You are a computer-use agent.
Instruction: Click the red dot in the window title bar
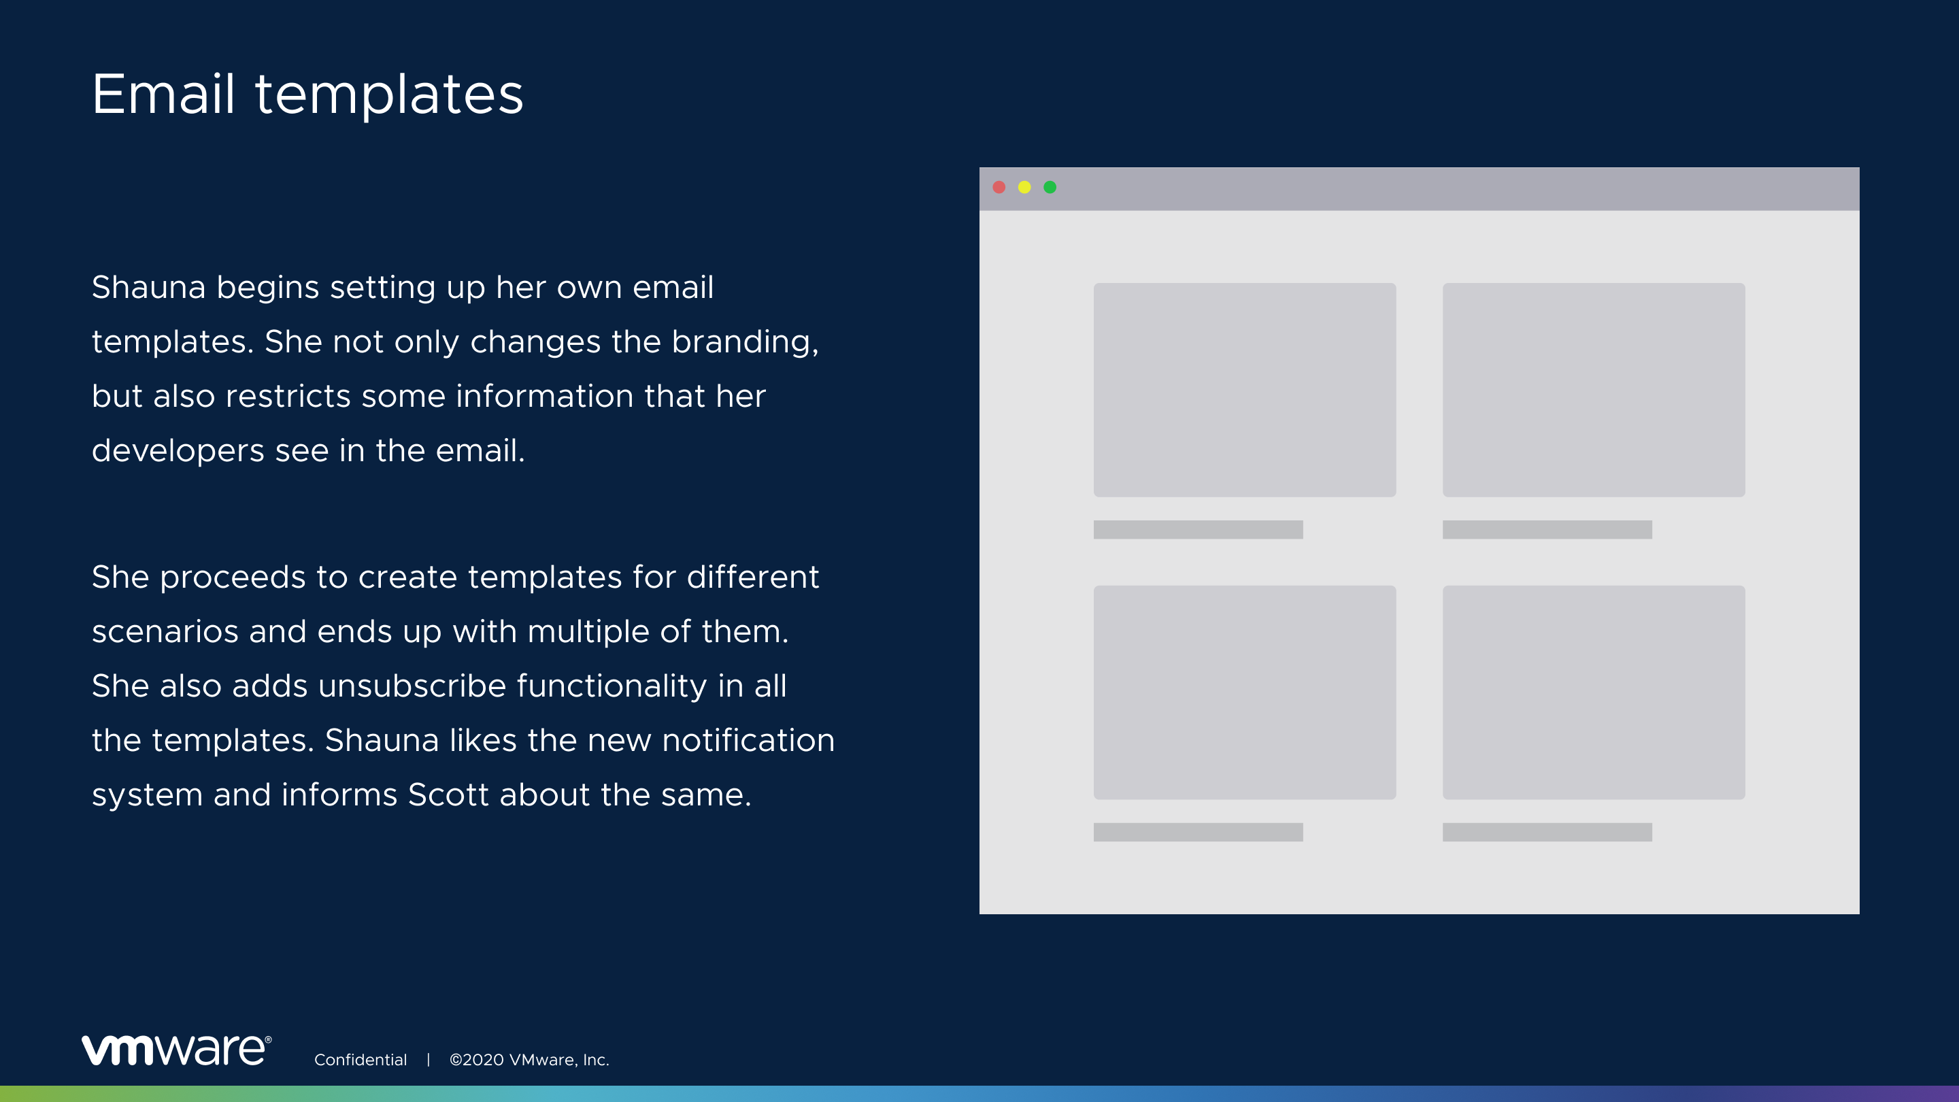(999, 187)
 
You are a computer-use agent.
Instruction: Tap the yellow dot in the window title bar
(1024, 187)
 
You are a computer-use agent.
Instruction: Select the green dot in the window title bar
(1050, 187)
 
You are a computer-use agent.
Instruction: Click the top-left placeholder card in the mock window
(1245, 390)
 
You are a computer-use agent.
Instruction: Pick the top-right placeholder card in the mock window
(1594, 390)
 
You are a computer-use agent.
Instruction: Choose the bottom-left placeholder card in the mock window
(1245, 692)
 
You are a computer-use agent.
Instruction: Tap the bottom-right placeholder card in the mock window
(1594, 692)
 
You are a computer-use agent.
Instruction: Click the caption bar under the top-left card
(1199, 529)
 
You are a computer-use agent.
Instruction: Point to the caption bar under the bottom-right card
(1547, 832)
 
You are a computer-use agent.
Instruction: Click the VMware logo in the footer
(176, 1050)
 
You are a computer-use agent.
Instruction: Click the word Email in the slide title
(163, 95)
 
